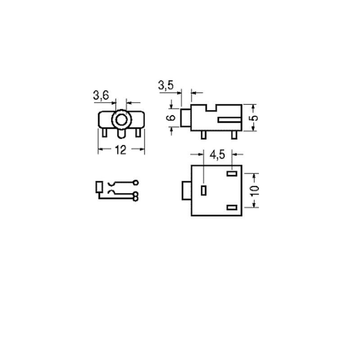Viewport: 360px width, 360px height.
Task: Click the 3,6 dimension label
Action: tap(101, 95)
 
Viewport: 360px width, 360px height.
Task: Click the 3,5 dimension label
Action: tap(166, 85)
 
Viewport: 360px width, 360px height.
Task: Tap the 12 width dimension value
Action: tap(121, 150)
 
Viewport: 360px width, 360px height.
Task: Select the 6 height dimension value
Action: tap(171, 117)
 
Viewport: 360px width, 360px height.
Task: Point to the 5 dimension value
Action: tap(254, 118)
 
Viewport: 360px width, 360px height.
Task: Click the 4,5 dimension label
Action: tap(217, 155)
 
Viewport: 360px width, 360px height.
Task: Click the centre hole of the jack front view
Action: tap(121, 120)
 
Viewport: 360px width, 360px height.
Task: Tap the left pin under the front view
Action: tap(104, 133)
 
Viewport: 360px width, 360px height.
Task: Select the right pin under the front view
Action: tap(138, 133)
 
